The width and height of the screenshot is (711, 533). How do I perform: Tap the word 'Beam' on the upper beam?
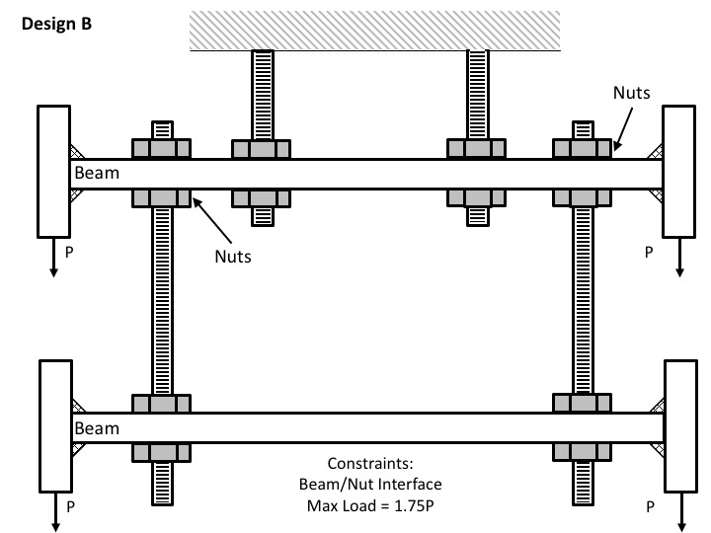pyautogui.click(x=96, y=173)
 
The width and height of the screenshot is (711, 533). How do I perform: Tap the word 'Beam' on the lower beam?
pyautogui.click(x=97, y=427)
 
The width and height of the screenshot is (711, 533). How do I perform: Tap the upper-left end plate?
pyautogui.click(x=52, y=172)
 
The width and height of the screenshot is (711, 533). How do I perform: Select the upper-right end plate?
pyautogui.click(x=680, y=172)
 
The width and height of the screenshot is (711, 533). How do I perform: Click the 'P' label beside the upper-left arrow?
pyautogui.click(x=68, y=253)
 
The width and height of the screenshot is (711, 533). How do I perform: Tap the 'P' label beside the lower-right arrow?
pyautogui.click(x=648, y=505)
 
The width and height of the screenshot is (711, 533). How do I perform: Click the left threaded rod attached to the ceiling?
pyautogui.click(x=262, y=94)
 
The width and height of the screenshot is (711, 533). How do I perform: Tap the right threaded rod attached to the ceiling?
pyautogui.click(x=477, y=94)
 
